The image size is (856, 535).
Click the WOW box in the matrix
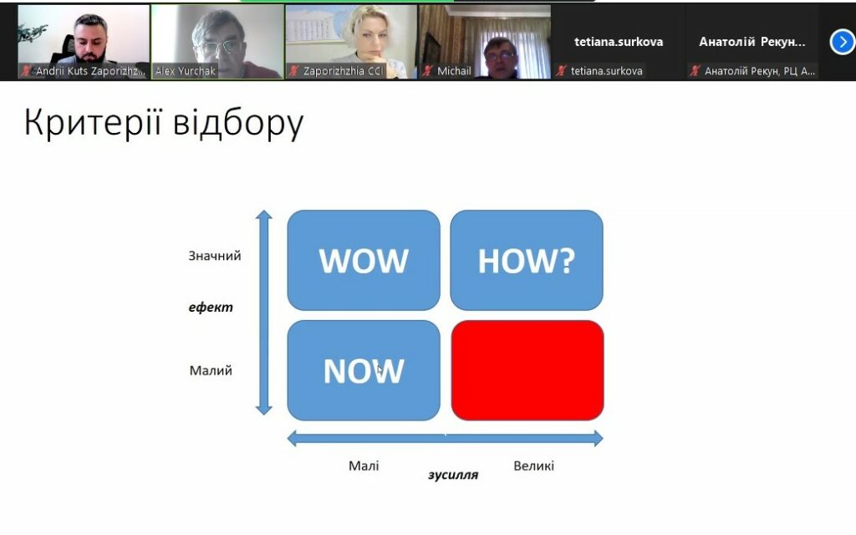[364, 260]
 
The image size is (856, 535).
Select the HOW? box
[527, 260]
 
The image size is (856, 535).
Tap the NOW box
[364, 370]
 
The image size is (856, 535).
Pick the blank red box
[527, 370]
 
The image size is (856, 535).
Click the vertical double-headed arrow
[264, 313]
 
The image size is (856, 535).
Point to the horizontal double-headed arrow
[445, 438]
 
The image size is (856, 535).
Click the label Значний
[215, 256]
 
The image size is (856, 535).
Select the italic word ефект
[211, 308]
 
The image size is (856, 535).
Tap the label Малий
[211, 370]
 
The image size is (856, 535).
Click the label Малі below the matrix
[364, 466]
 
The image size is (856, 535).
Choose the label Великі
[534, 466]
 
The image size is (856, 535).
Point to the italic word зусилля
[453, 475]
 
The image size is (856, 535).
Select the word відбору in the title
[238, 123]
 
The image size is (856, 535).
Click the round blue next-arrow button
[843, 42]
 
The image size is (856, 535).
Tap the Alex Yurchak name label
[185, 71]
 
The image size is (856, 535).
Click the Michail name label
[454, 71]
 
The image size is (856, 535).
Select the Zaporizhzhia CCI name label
[344, 71]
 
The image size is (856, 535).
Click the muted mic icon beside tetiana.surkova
[561, 71]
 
